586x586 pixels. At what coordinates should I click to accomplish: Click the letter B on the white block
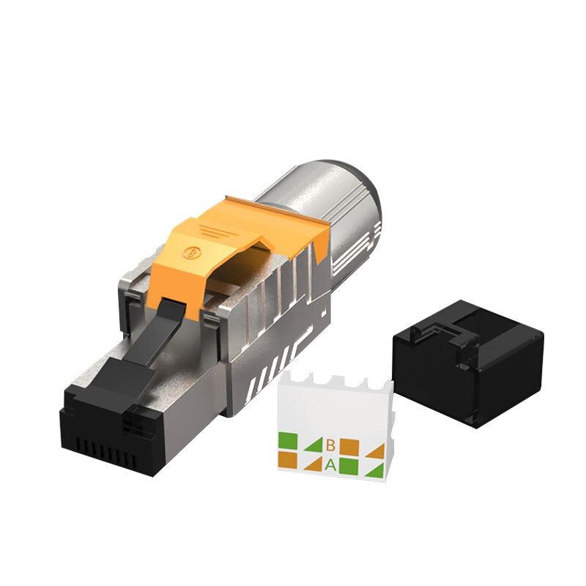click(x=331, y=445)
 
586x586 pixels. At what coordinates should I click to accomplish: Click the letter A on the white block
click(x=330, y=464)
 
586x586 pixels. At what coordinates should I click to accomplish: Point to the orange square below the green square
click(x=286, y=459)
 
